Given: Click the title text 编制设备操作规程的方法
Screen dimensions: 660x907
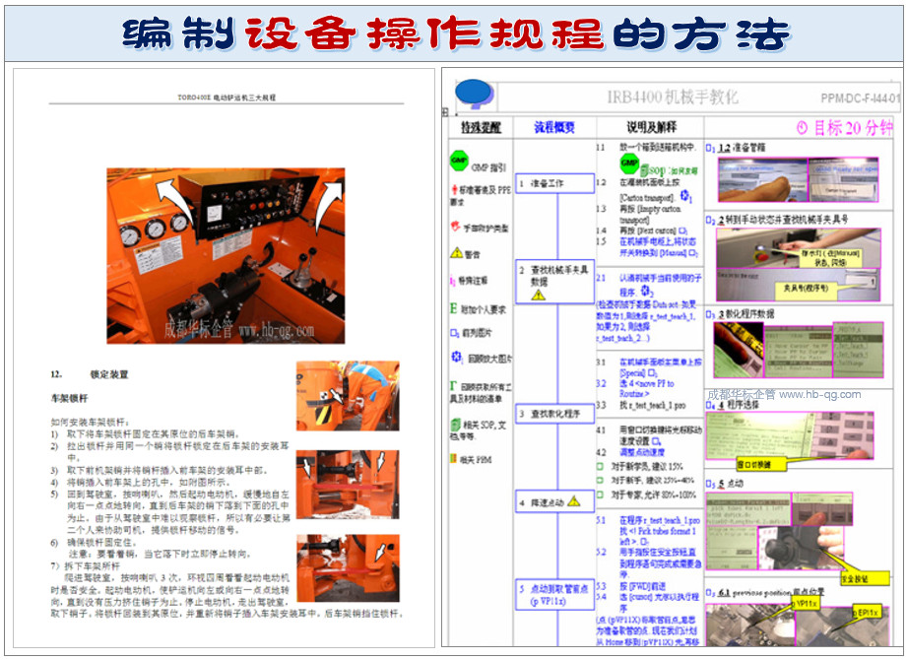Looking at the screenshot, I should click(456, 33).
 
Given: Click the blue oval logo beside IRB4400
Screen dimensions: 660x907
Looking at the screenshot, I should click(473, 92).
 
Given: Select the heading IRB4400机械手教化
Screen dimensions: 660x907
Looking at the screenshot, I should click(673, 98).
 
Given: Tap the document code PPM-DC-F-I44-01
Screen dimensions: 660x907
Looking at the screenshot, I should click(860, 99).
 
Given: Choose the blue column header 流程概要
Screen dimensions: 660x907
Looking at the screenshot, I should click(554, 128).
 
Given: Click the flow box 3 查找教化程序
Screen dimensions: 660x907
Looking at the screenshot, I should click(554, 413).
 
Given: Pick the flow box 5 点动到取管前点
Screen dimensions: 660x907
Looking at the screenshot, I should click(554, 594).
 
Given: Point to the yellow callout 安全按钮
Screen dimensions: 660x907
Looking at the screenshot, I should click(848, 580).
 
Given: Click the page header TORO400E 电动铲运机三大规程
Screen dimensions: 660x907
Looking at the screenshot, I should click(227, 99).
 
